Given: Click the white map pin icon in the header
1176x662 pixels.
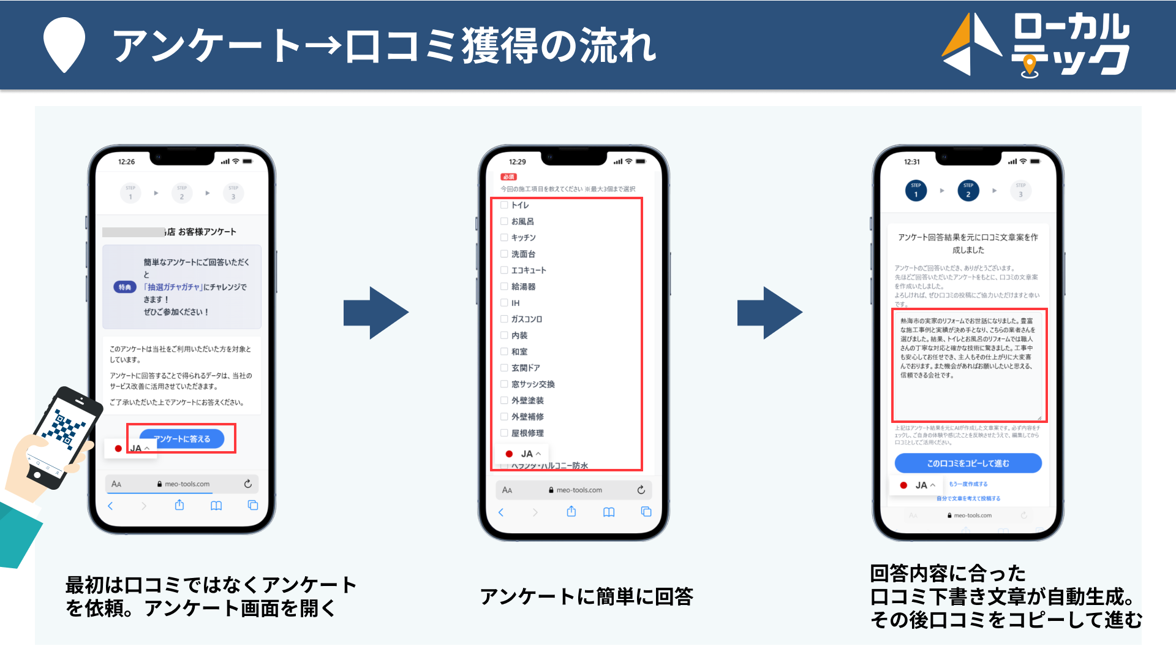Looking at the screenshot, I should point(64,44).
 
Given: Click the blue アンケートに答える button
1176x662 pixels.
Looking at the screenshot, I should point(182,439).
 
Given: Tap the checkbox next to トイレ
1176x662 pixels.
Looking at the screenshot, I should point(504,205).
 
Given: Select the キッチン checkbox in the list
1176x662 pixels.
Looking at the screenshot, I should point(504,238).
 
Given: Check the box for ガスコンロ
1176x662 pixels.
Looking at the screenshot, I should point(504,319).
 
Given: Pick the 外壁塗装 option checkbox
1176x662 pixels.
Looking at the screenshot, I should point(504,401).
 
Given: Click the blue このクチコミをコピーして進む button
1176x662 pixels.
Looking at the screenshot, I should point(968,463).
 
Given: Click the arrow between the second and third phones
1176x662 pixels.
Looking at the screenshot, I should point(769,313).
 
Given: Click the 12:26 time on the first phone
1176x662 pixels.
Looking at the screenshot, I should point(126,162).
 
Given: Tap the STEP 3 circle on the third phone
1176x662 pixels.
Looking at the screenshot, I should point(1020,191).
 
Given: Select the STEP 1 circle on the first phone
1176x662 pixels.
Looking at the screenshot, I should point(130,193).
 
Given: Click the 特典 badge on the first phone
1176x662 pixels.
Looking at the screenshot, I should point(125,287).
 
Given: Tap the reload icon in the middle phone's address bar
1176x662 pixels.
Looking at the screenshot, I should point(641,490).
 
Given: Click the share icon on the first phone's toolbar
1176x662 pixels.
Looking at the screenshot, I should point(179,505).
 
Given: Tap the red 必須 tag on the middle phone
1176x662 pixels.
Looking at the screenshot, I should point(508,177).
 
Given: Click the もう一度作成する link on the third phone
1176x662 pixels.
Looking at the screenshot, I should point(968,484).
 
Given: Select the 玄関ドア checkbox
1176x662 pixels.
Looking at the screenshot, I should point(504,368).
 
